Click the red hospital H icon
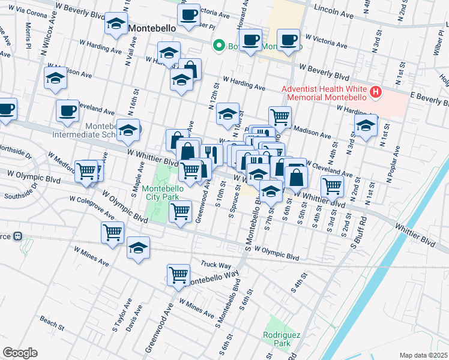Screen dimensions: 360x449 pyautogui.click(x=376, y=92)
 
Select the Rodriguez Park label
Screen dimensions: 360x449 pyautogui.click(x=277, y=340)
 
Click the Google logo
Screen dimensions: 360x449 pyautogui.click(x=20, y=352)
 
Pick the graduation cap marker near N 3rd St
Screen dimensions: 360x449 pyautogui.click(x=366, y=126)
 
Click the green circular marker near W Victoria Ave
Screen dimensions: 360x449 pyautogui.click(x=219, y=45)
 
